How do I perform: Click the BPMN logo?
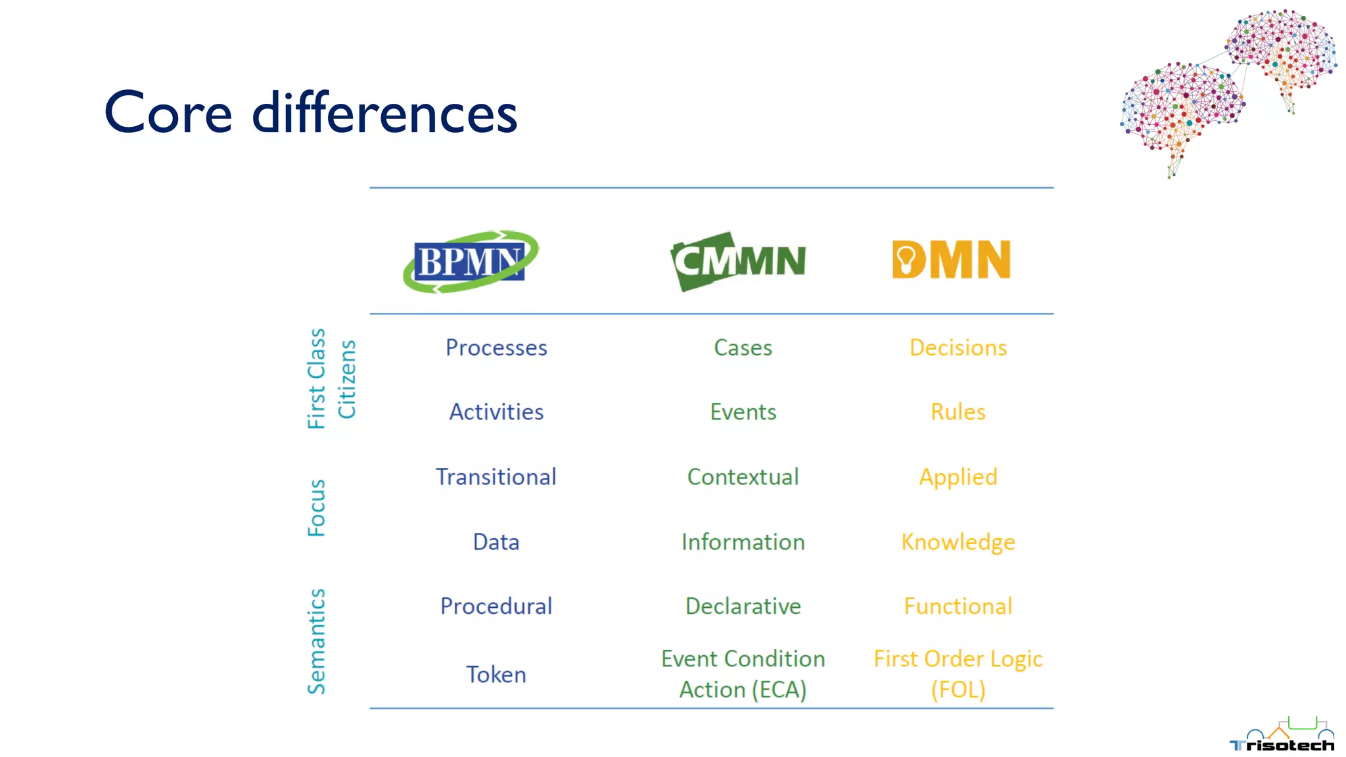pos(471,261)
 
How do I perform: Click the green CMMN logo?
pos(738,261)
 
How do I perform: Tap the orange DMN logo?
pos(951,260)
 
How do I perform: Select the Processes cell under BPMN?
pos(496,348)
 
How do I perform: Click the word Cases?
pos(743,348)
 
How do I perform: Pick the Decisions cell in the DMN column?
pos(958,348)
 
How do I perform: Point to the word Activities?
pos(496,412)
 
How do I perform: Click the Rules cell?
pos(958,412)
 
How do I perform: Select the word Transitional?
pos(496,477)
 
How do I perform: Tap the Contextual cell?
pos(743,477)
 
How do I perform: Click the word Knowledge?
pos(958,542)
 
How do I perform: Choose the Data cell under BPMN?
pos(496,542)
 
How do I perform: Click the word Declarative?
pos(743,606)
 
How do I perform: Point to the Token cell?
pos(496,675)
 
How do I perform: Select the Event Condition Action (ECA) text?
pos(743,674)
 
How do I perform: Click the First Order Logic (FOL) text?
pos(958,674)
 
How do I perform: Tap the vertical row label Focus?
pos(317,508)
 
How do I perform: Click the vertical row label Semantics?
pos(317,641)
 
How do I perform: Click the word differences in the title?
pos(385,113)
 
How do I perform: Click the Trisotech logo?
pos(1282,739)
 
